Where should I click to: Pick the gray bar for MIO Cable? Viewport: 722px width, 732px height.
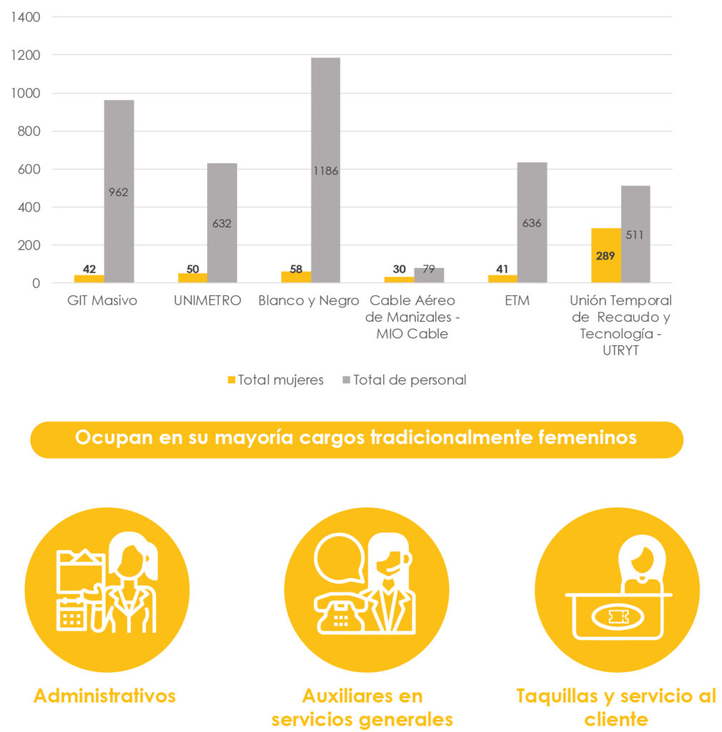[429, 276]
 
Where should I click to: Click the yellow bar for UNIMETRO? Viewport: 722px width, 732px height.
[192, 278]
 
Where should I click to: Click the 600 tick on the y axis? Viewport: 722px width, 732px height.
[29, 169]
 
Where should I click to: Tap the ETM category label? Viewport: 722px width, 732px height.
[517, 301]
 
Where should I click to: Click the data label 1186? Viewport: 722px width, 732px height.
[325, 171]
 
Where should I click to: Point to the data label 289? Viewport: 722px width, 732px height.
[605, 255]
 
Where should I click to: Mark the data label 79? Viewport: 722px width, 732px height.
[429, 269]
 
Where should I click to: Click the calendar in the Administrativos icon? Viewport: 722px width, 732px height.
[71, 615]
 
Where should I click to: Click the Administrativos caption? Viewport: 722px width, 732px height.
[104, 696]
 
